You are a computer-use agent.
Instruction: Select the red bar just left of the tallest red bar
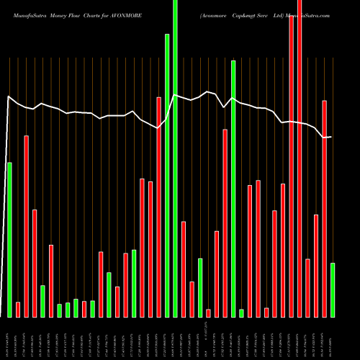[x=292, y=166]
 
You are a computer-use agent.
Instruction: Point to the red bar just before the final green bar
[x=325, y=209]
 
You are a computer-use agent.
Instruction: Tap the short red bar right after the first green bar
[x=18, y=309]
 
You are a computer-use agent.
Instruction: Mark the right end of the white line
[x=330, y=137]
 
